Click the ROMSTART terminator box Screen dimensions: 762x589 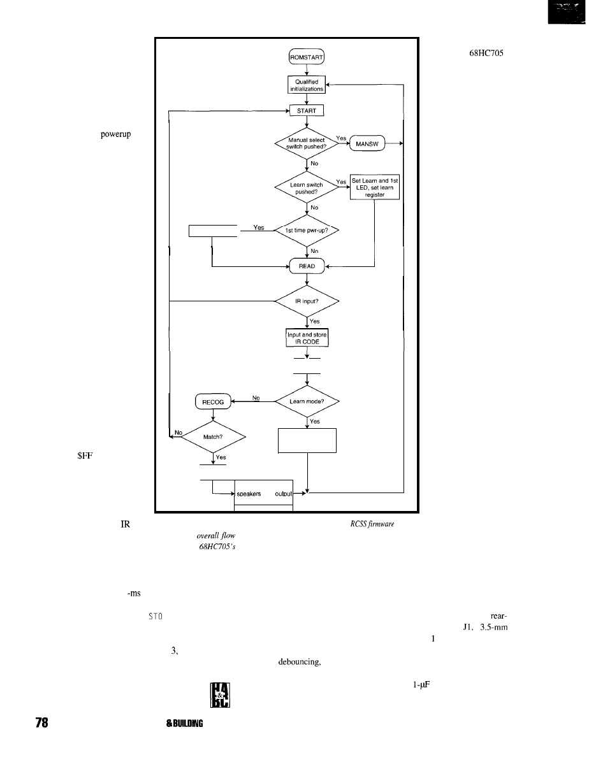[307, 59]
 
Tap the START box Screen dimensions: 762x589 [307, 111]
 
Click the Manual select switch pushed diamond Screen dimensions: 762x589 [307, 143]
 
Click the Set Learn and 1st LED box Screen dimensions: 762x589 [375, 187]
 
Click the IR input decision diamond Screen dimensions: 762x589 [307, 301]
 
